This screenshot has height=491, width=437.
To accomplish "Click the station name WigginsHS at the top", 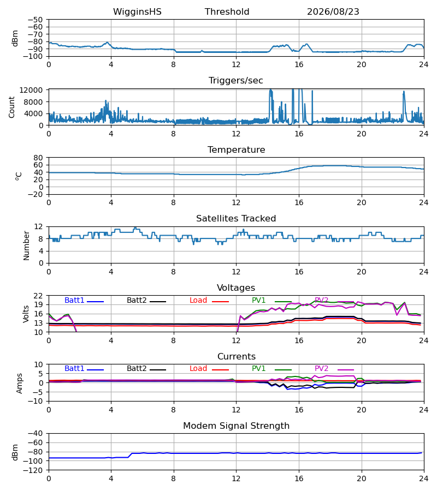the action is click(x=137, y=12).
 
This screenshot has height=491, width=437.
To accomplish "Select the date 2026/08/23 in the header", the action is click(x=333, y=12).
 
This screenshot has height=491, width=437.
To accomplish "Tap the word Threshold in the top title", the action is click(x=227, y=12).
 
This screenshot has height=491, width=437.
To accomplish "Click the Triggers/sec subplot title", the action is click(x=236, y=81).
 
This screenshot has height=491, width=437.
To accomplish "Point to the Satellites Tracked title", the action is click(x=236, y=219).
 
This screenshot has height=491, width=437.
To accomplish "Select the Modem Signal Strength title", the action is click(x=236, y=426).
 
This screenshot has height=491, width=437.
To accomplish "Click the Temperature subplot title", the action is click(x=236, y=149).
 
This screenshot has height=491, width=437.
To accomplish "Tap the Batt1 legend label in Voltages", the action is click(x=74, y=300).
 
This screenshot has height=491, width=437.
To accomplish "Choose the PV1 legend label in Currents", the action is click(x=258, y=369).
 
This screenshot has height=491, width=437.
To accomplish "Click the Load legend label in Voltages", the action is click(x=198, y=300).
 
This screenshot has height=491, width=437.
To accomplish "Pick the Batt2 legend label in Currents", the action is click(x=137, y=369).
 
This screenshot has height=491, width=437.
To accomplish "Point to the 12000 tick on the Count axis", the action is click(x=31, y=90).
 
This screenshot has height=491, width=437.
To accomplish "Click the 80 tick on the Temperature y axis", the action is click(x=38, y=158).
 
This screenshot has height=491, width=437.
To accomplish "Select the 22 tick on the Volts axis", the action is click(x=38, y=296).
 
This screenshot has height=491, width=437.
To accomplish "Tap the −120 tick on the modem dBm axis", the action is click(x=35, y=470).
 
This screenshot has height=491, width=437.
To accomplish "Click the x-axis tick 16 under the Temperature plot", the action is click(x=299, y=202).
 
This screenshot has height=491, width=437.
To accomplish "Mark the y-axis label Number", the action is click(x=26, y=246).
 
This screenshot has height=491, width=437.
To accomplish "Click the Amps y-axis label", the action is click(x=20, y=384).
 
